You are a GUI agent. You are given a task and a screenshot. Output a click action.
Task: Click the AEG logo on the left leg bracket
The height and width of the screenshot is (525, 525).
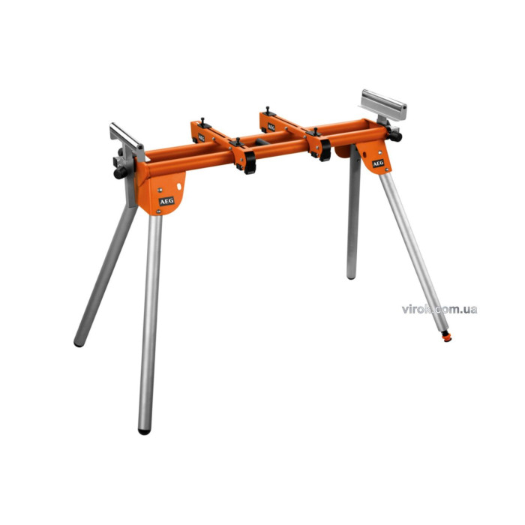point(166,201)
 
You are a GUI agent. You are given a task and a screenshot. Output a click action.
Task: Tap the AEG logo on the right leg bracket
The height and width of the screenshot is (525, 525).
point(378,163)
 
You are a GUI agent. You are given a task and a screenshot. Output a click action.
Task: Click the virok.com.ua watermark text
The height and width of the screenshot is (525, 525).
point(439,309)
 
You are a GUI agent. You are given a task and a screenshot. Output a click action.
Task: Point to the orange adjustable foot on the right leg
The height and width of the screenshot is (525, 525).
point(446,336)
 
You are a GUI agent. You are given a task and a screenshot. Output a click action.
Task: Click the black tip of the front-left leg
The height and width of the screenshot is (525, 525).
point(144,431)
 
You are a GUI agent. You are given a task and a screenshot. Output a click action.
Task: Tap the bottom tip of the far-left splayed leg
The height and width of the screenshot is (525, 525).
point(79,343)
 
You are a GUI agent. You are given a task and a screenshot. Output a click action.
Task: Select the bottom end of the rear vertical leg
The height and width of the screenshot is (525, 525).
point(350,276)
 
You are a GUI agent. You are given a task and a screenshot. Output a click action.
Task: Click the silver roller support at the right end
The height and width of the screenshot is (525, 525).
point(383,104)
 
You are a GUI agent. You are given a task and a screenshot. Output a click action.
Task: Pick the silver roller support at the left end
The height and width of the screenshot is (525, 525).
point(127,136)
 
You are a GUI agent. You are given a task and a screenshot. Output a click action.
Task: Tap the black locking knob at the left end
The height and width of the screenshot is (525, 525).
point(120,172)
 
